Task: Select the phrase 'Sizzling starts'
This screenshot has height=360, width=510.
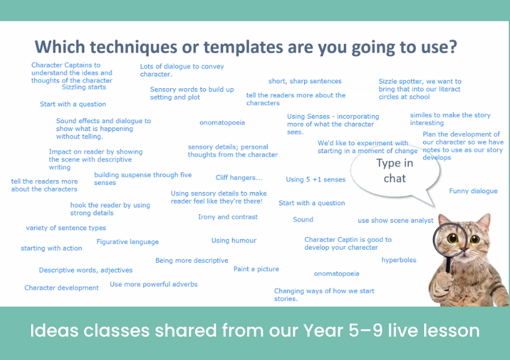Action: tap(84, 87)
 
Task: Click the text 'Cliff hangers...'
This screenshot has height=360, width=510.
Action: tap(239, 178)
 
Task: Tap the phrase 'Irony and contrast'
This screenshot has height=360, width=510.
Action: tap(227, 217)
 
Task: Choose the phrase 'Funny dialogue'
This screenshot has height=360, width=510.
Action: tap(473, 191)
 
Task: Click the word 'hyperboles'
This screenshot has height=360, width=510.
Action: tap(399, 260)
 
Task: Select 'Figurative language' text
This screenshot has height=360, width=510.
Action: tap(127, 242)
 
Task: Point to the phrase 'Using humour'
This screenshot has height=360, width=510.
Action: tap(234, 241)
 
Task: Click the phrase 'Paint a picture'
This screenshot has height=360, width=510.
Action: tap(256, 269)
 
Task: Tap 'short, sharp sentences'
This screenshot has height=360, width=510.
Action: tap(305, 82)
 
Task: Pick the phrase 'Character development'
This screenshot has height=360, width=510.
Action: tap(61, 288)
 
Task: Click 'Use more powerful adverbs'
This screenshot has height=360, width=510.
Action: tap(154, 284)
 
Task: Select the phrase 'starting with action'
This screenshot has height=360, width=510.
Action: tap(52, 248)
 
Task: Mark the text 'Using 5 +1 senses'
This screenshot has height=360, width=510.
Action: tap(316, 179)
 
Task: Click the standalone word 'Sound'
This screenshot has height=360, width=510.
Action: tap(303, 220)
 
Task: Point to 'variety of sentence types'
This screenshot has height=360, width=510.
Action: tap(66, 228)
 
